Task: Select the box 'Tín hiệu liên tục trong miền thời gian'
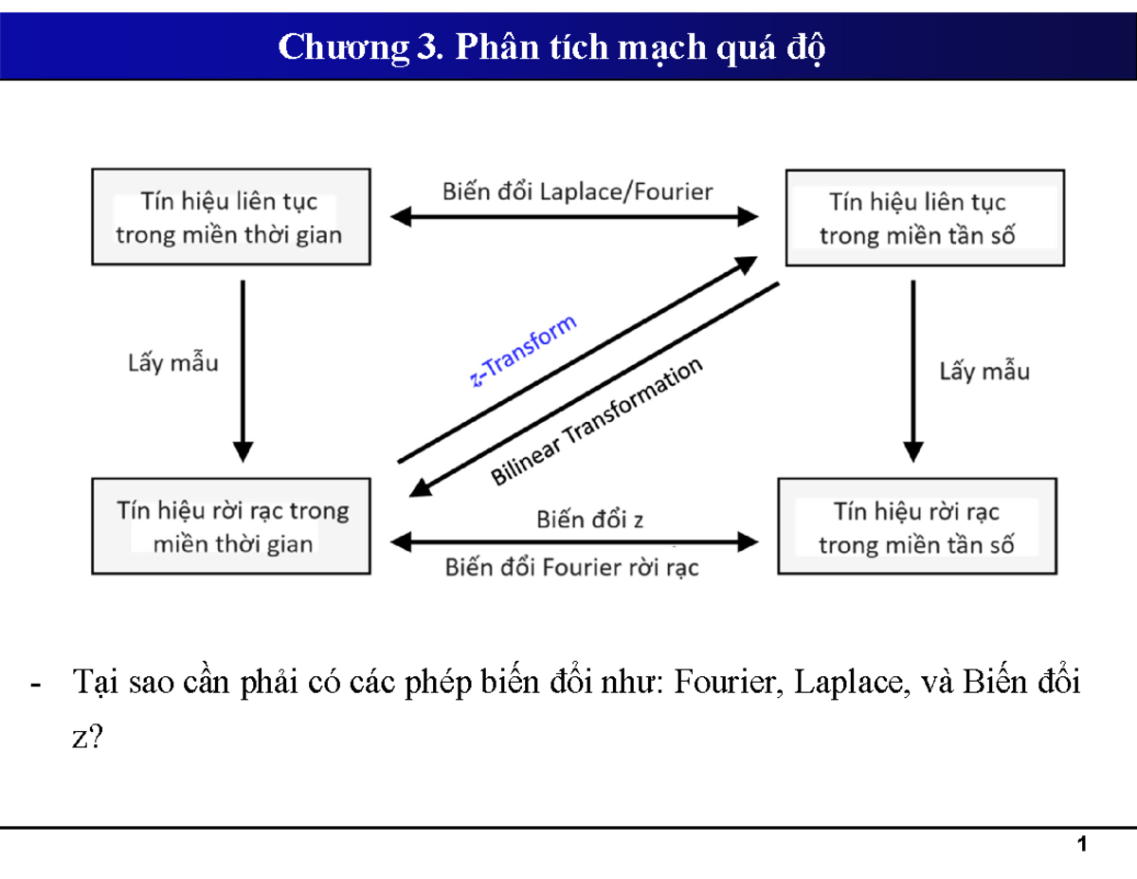(229, 217)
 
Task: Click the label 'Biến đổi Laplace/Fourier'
(577, 192)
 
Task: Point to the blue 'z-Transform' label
(523, 352)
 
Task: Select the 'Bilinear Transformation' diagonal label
(597, 422)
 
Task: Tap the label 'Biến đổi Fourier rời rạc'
(572, 567)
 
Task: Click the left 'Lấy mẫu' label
(172, 362)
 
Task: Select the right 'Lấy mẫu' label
(984, 371)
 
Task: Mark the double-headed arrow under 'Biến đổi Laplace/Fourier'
(576, 217)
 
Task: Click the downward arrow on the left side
(244, 370)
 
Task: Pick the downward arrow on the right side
(912, 370)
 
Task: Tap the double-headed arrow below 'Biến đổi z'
(576, 542)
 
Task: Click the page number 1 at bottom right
(1081, 845)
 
